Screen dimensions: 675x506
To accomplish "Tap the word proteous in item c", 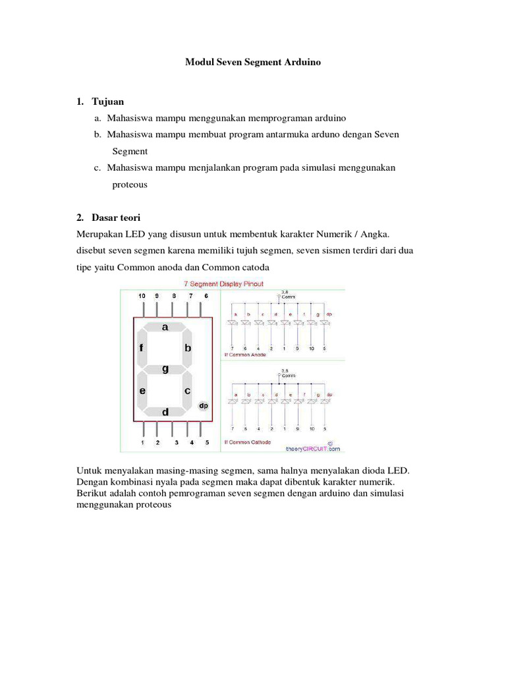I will click(130, 185).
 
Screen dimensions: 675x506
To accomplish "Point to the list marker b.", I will click(98, 134).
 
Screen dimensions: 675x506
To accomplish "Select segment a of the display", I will click(165, 326).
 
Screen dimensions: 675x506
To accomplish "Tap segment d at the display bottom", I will click(165, 412).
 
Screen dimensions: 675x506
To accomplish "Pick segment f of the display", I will click(142, 347).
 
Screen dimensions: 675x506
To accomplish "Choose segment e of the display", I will click(142, 390).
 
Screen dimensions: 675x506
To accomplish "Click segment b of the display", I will click(188, 347).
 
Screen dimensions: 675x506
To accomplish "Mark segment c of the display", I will click(188, 390).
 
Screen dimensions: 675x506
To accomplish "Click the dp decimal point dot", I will click(204, 406).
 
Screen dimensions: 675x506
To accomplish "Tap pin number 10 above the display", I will click(142, 296).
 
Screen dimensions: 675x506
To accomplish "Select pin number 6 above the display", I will click(206, 296).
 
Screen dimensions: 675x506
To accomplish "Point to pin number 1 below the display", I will click(142, 443).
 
